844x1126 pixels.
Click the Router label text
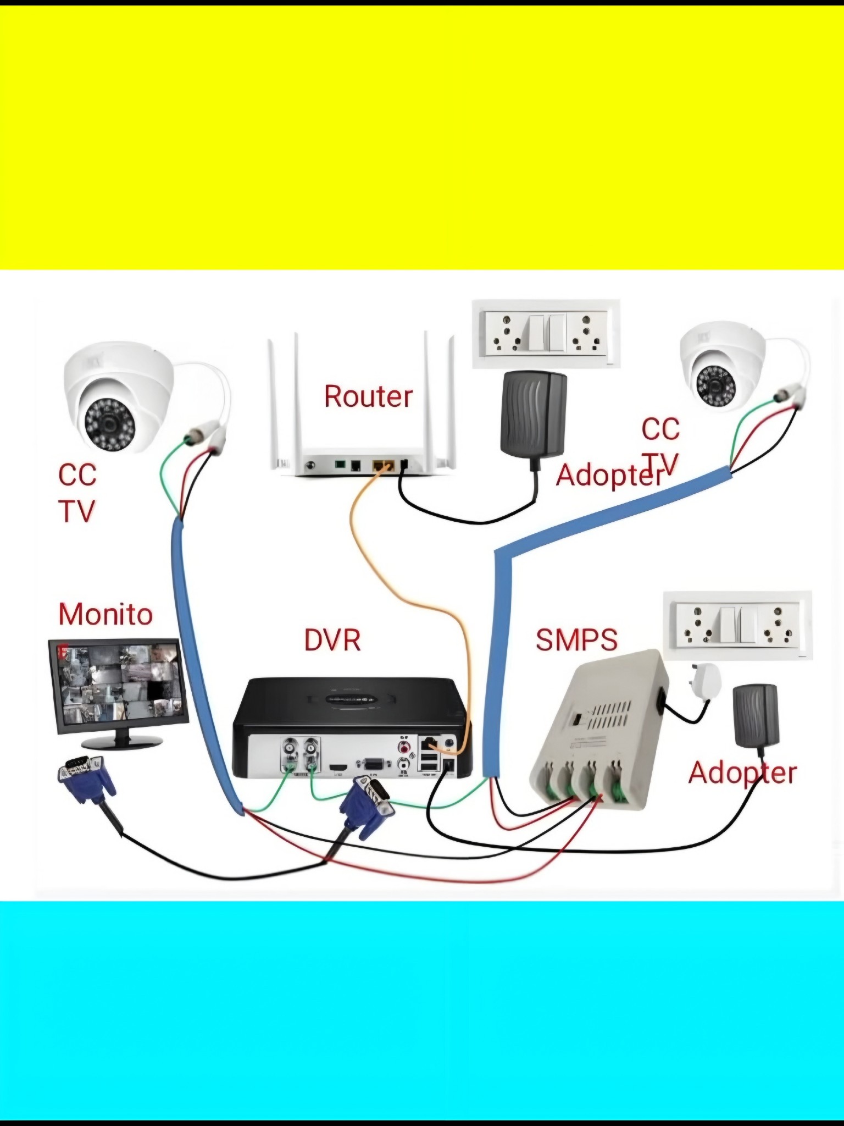[368, 396]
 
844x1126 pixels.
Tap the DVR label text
[332, 640]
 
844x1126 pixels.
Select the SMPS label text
[576, 639]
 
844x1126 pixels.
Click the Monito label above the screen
[105, 614]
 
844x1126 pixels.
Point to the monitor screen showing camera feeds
[118, 685]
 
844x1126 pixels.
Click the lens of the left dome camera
[110, 424]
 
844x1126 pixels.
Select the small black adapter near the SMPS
[756, 715]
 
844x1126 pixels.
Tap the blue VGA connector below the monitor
[86, 779]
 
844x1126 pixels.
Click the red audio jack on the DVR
[405, 747]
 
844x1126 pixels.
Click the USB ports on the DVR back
[429, 761]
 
